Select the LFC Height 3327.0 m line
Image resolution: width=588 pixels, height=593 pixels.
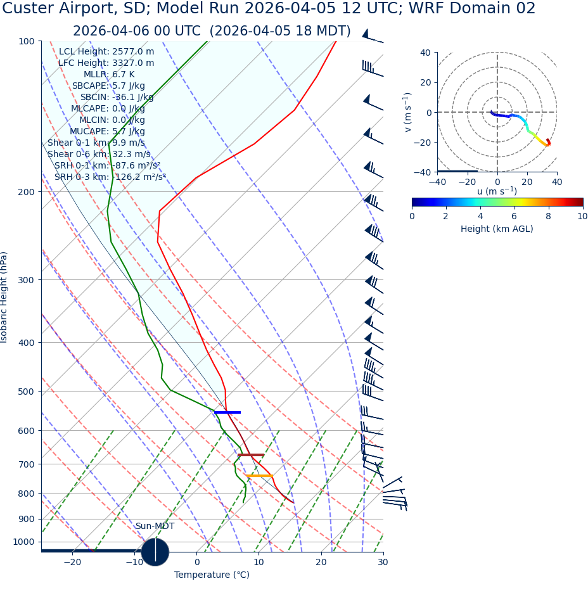pyautogui.click(x=106, y=63)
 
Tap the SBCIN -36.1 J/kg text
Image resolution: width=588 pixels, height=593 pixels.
pyautogui.click(x=117, y=97)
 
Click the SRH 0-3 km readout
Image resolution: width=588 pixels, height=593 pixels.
pyautogui.click(x=110, y=177)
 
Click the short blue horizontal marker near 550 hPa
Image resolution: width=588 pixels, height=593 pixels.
pyautogui.click(x=227, y=412)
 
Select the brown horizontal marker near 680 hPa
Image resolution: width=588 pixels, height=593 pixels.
pyautogui.click(x=251, y=455)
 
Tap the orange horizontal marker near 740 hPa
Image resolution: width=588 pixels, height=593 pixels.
pyautogui.click(x=260, y=476)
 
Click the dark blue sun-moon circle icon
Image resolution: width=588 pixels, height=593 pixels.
pyautogui.click(x=155, y=551)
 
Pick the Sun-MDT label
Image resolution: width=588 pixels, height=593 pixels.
pyautogui.click(x=155, y=526)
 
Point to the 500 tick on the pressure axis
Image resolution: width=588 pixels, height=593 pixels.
pyautogui.click(x=26, y=392)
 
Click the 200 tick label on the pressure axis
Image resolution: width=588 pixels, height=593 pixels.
pyautogui.click(x=26, y=191)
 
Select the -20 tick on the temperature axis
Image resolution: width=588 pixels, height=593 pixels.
pyautogui.click(x=72, y=563)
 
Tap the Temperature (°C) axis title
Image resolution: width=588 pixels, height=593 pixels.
pyautogui.click(x=212, y=575)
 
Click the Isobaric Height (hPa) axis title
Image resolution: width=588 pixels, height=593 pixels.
pyautogui.click(x=4, y=297)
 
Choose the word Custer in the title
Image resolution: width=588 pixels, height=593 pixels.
pyautogui.click(x=32, y=9)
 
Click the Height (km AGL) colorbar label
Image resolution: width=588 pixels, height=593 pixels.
pyautogui.click(x=497, y=229)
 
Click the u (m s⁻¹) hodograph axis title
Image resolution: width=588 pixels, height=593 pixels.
pyautogui.click(x=497, y=191)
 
